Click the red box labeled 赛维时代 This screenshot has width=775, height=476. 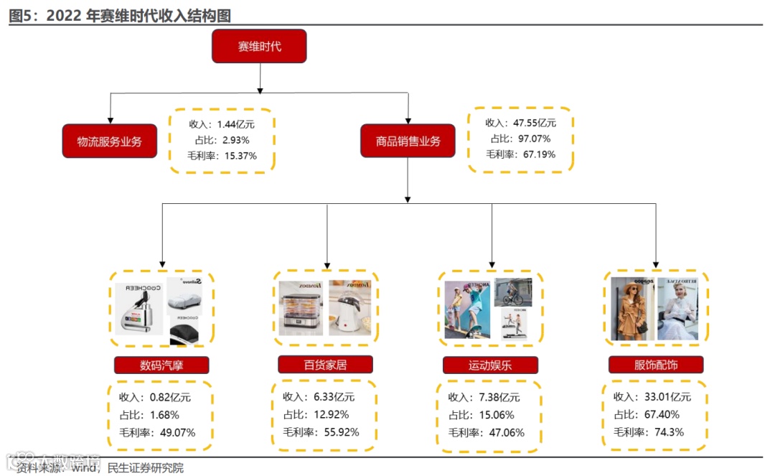[x=259, y=47]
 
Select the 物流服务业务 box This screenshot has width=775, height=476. [x=110, y=141]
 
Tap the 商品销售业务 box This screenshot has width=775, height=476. [x=408, y=141]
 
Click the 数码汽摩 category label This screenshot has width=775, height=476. [x=161, y=365]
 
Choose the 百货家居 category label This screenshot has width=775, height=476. [x=325, y=365]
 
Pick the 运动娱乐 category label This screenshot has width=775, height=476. [x=491, y=365]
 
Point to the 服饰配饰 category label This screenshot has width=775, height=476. [x=656, y=365]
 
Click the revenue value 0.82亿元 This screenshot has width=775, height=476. [x=170, y=397]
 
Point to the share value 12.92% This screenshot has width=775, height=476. [x=332, y=414]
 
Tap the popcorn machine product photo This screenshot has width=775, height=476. [x=350, y=307]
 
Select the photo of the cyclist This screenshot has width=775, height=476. [x=513, y=291]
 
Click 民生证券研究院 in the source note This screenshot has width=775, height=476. [x=145, y=468]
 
